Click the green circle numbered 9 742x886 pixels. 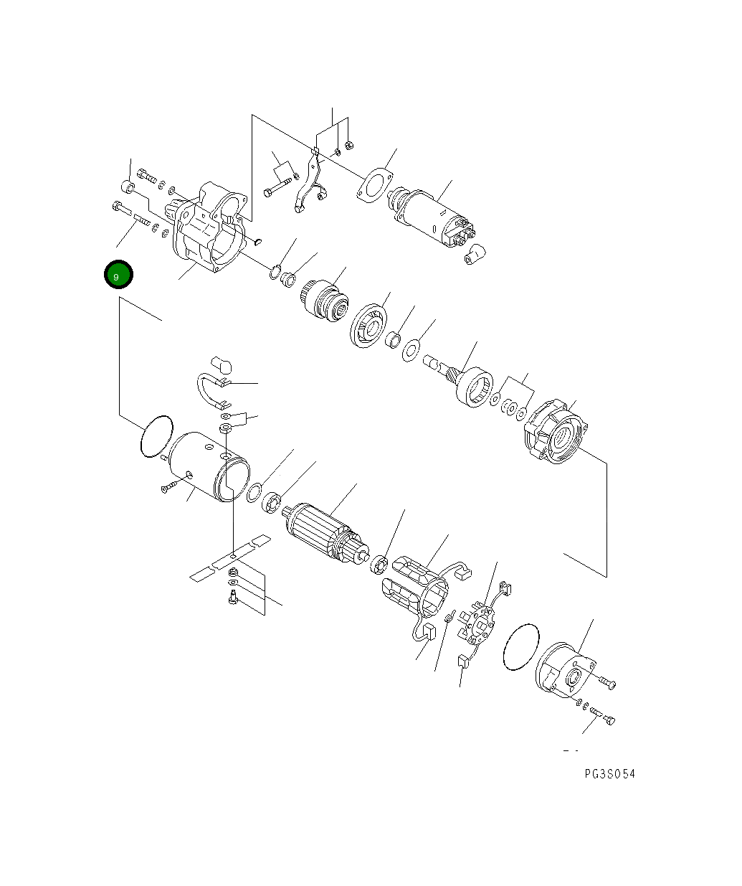click(118, 275)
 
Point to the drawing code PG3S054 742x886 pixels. click(609, 773)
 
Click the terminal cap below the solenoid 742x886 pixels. click(475, 254)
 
